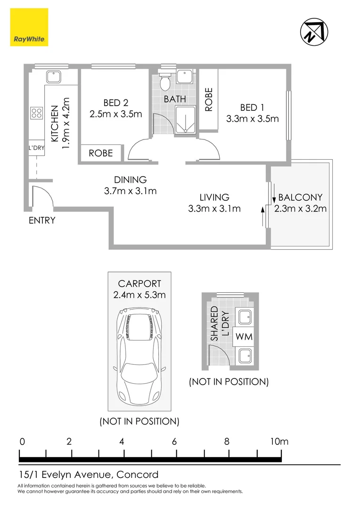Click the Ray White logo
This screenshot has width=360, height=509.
pos(29,28)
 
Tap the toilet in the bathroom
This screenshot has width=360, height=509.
pos(165,82)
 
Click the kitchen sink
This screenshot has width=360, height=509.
pos(52,76)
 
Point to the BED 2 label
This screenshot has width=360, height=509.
pos(115,103)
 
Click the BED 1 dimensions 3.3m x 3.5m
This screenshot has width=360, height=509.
pos(252,119)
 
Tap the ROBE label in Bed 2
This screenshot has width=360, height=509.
pos(101,153)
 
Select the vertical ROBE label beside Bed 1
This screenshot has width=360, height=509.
pos(209,99)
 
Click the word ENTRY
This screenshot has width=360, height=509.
pos(42,220)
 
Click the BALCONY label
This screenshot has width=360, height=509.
pos(301,197)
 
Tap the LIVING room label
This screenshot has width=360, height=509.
pos(214,197)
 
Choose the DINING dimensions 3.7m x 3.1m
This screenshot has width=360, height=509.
pos(130,191)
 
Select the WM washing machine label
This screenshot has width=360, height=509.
pos(244,337)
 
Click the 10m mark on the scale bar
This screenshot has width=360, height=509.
pos(280,442)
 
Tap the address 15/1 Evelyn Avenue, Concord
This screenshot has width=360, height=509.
pos(88,475)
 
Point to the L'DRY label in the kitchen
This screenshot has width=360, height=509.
pos(36,147)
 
